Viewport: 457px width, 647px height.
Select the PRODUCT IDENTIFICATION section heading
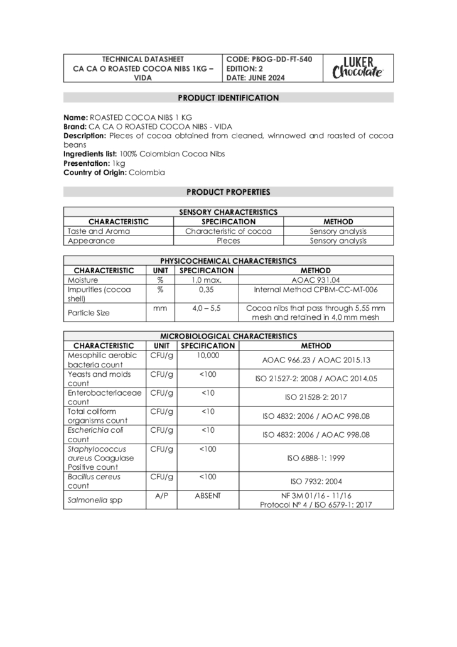click(x=228, y=98)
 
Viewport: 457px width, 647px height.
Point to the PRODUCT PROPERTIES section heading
click(x=228, y=192)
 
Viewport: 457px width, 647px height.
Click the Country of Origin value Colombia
click(x=147, y=172)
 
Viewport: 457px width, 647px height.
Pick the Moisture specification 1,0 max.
click(x=207, y=280)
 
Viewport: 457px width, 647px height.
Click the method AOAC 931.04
click(x=316, y=280)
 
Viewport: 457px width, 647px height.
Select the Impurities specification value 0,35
click(x=207, y=290)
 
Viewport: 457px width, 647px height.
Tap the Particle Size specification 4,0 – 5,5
click(x=207, y=308)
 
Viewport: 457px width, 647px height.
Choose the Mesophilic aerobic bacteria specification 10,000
click(x=208, y=356)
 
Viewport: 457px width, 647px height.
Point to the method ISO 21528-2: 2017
click(x=316, y=397)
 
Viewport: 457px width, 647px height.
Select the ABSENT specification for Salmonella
click(x=208, y=496)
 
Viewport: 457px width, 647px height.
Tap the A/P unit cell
click(x=161, y=496)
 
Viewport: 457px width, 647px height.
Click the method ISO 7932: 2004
click(x=316, y=481)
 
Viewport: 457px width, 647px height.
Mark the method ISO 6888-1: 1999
click(x=316, y=458)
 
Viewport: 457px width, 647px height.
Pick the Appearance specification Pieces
click(x=228, y=241)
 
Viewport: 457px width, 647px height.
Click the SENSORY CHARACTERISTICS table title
click(x=228, y=212)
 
